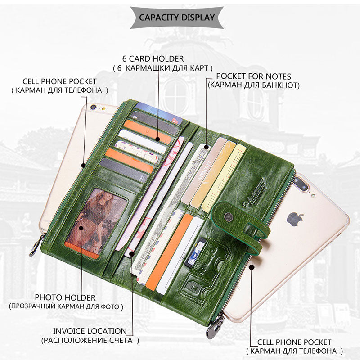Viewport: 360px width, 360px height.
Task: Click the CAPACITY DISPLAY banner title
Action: point(177,18)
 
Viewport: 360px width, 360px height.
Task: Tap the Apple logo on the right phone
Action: point(295,219)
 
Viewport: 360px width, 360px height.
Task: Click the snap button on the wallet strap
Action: point(228,216)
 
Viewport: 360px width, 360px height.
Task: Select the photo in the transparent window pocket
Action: point(96,222)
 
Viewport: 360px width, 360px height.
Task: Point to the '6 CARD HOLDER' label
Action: point(153,59)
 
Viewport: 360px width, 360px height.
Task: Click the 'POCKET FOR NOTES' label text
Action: point(253,76)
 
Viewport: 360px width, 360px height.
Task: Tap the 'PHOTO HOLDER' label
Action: point(65,297)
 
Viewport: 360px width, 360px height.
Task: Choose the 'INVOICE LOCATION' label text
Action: point(90,331)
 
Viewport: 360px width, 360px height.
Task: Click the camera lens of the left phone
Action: point(93,107)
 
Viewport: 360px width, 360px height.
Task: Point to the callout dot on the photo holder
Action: point(81,228)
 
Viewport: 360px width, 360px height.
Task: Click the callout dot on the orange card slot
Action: point(157,139)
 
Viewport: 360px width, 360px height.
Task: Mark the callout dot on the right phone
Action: point(252,267)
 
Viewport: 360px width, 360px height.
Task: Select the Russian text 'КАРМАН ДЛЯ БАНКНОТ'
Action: point(254,85)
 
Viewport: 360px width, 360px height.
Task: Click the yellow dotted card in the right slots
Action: point(224,178)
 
